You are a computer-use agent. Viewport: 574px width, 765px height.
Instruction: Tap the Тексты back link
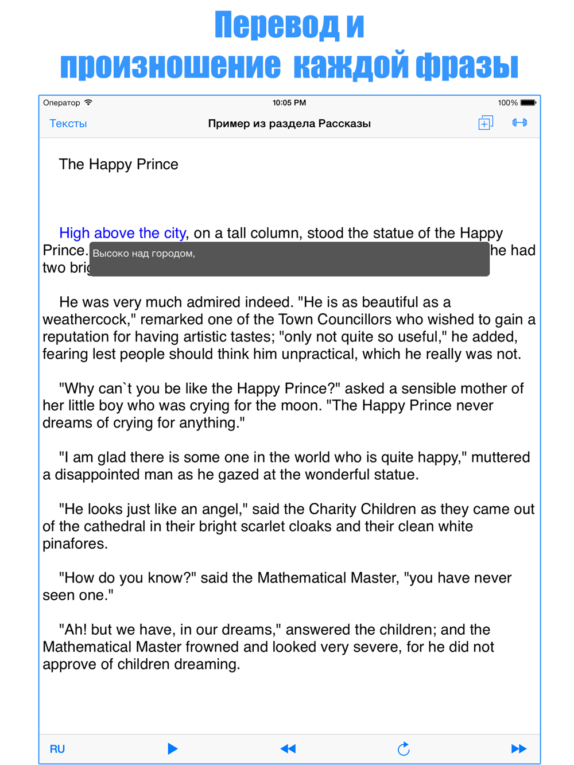68,123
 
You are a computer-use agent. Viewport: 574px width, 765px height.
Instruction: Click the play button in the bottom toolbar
172,748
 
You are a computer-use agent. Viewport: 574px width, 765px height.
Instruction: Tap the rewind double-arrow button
288,748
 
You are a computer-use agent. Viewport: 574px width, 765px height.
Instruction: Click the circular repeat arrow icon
404,748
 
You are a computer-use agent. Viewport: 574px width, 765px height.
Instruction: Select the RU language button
57,749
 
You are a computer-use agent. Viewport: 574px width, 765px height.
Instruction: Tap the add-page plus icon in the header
486,123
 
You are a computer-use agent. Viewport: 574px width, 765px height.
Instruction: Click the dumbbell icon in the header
519,122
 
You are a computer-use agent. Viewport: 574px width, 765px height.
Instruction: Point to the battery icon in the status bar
528,103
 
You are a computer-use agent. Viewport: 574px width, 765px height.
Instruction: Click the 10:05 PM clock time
289,103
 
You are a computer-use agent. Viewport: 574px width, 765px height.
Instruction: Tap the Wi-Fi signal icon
88,103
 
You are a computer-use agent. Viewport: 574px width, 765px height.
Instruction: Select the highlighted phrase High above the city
122,233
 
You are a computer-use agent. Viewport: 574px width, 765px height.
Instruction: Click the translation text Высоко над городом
143,254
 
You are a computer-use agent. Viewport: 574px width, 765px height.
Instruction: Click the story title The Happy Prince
118,164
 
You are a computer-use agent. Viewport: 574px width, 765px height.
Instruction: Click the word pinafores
74,543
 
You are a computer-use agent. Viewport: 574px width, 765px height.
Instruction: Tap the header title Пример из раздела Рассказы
289,123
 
